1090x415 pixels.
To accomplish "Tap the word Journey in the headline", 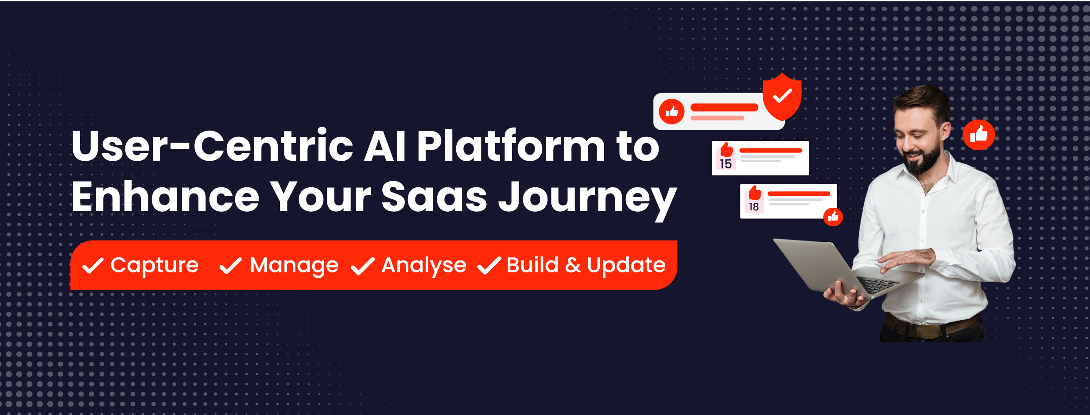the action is (x=588, y=199).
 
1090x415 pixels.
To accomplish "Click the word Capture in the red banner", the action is (x=155, y=266).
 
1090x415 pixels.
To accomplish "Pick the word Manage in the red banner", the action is (x=294, y=266).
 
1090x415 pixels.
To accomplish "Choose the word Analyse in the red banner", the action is (x=424, y=266).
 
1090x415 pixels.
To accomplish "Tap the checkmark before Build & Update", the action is (x=489, y=266).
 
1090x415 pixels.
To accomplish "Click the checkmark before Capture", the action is (x=93, y=266).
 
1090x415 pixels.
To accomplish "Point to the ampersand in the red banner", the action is (x=572, y=265).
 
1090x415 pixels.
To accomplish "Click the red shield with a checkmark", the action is (x=782, y=97).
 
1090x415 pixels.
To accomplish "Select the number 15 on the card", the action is (x=725, y=164).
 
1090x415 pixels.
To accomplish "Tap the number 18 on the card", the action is (x=753, y=207).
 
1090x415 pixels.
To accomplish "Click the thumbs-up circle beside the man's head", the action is (x=979, y=135).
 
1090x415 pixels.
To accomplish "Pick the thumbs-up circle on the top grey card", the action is (x=671, y=112).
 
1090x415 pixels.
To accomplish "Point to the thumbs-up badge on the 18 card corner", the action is (x=833, y=217).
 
